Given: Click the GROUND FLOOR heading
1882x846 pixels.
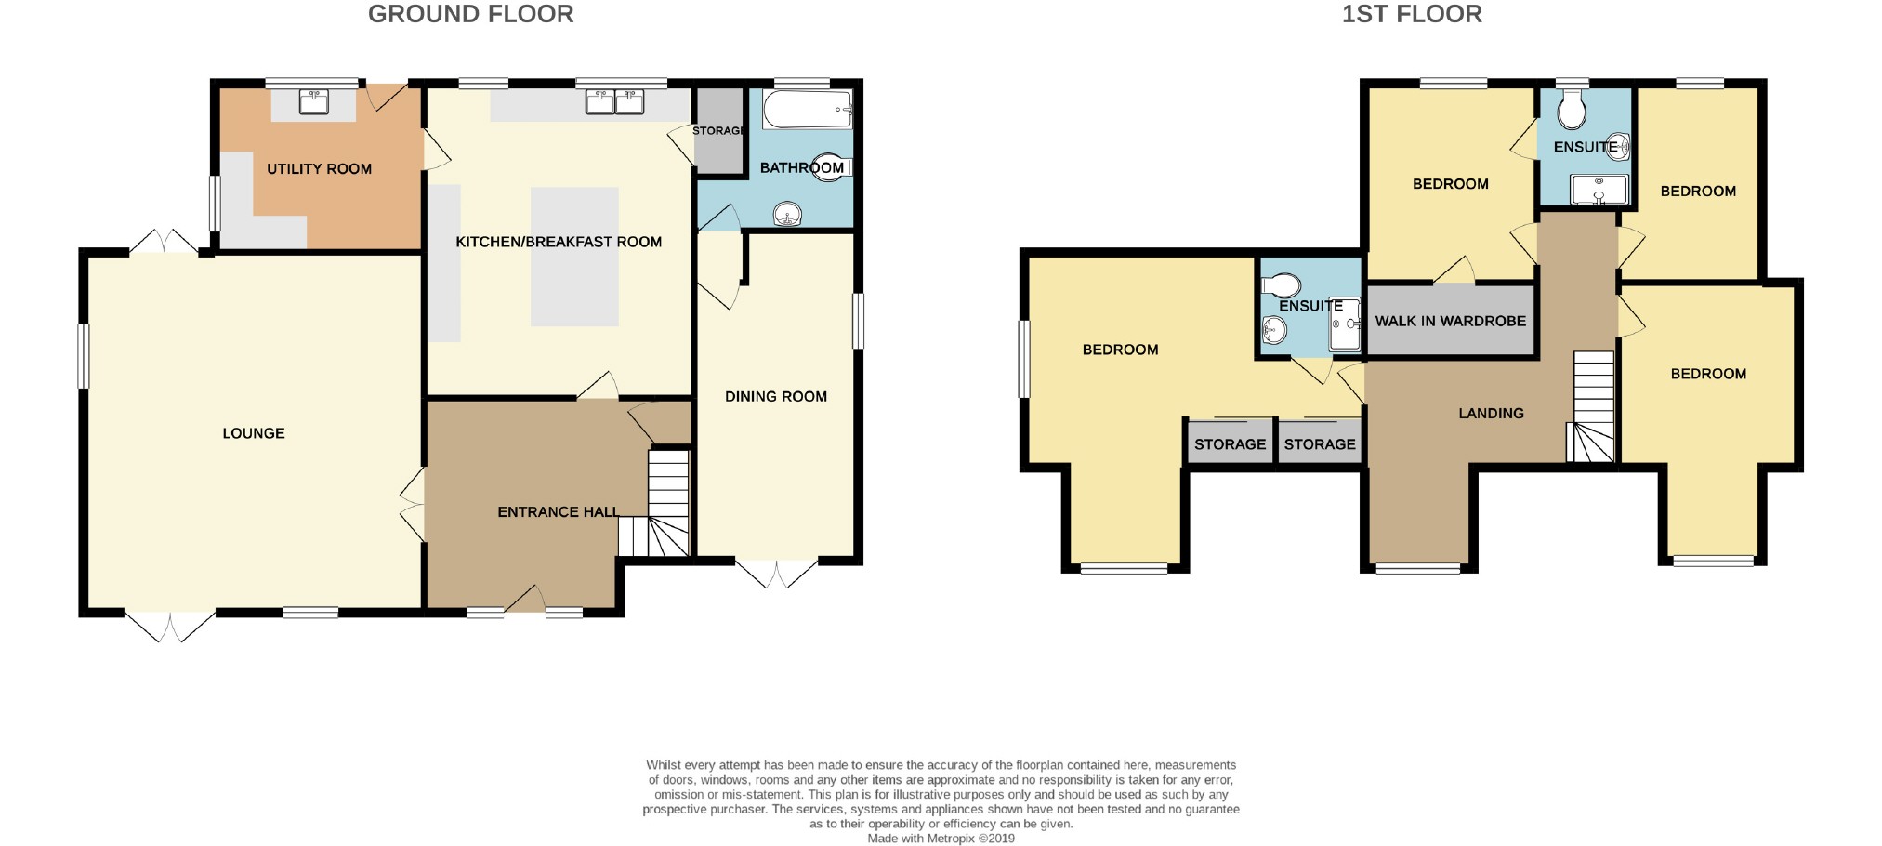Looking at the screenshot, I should click(470, 14).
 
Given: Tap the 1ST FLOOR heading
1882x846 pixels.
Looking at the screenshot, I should click(1411, 14).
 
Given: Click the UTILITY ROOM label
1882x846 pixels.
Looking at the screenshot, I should click(319, 168).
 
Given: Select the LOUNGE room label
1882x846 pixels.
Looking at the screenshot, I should click(253, 433).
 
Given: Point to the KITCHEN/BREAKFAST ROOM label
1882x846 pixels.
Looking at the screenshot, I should click(559, 242).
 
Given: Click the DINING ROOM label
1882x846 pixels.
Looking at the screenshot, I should click(775, 396).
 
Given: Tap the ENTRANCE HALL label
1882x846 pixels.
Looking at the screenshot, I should click(558, 511).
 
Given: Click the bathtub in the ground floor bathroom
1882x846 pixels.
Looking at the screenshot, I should click(807, 110).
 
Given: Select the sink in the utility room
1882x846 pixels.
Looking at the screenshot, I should click(313, 101).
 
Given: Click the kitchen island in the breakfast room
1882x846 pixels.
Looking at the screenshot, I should click(574, 257).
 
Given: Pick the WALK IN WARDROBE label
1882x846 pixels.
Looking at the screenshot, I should click(1450, 321).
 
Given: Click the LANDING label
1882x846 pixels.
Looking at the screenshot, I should click(1491, 413).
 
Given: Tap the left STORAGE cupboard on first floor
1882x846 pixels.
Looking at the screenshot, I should click(1230, 443).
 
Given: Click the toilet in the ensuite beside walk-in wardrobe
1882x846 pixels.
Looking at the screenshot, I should click(1282, 284).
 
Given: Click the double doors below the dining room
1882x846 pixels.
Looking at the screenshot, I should click(777, 572).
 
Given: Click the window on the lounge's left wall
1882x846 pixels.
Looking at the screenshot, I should click(84, 355).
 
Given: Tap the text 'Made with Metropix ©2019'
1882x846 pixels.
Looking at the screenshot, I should click(941, 838).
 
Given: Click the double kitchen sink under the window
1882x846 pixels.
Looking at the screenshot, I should click(614, 101).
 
